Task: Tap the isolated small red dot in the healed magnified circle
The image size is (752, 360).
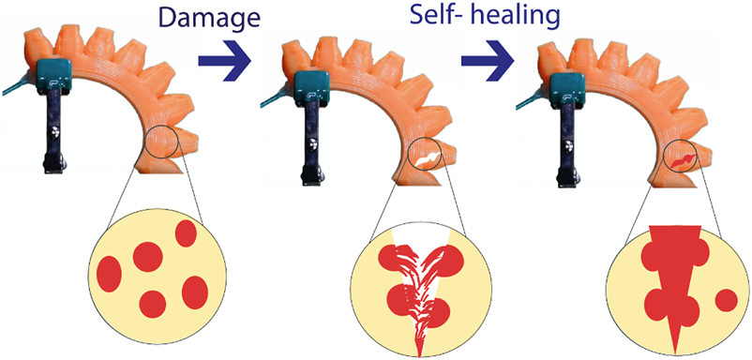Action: [x=725, y=301]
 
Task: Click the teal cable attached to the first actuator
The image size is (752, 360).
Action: [x=13, y=90]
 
